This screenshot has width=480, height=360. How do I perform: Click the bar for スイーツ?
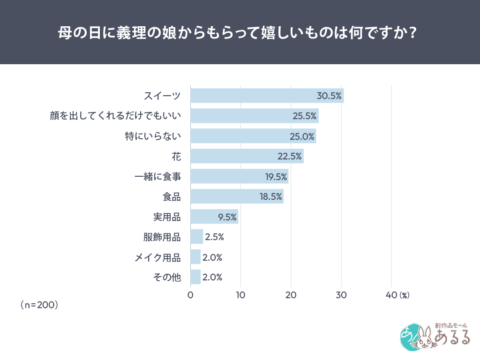[267, 96]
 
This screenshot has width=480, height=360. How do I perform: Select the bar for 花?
[247, 156]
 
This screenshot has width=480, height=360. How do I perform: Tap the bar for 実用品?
[214, 217]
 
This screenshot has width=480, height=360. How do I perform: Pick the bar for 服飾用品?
[197, 237]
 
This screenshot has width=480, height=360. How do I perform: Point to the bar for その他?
[195, 277]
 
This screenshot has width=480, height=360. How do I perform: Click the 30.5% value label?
[329, 96]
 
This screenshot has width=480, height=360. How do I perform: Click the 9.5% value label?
[227, 217]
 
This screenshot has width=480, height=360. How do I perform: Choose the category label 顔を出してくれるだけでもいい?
[115, 116]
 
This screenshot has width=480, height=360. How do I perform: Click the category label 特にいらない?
[153, 136]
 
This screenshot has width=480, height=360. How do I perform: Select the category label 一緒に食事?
[157, 176]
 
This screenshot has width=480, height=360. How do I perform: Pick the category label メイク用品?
[157, 257]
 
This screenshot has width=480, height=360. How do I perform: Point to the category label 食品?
[172, 196]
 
